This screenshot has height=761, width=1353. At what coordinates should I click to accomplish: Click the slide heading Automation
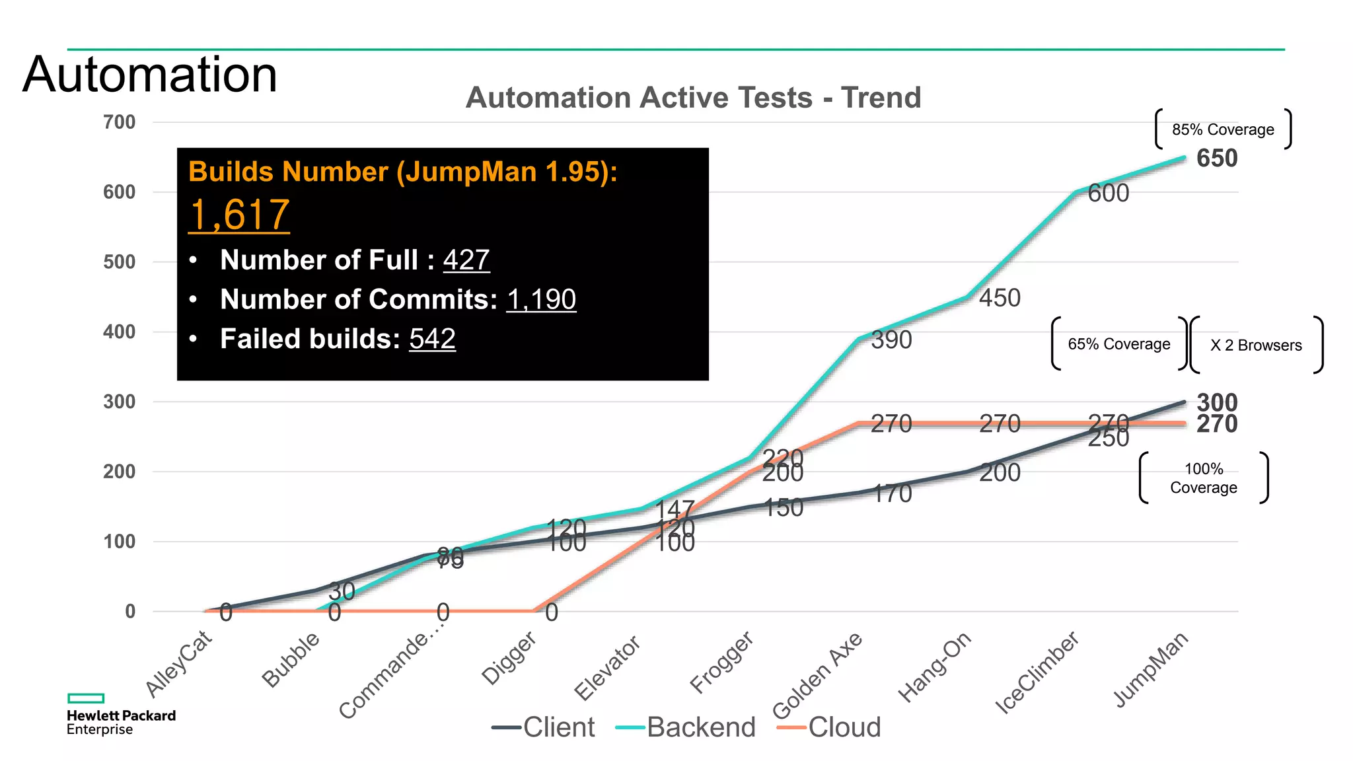(150, 75)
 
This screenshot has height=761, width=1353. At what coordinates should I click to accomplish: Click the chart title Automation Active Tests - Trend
(693, 98)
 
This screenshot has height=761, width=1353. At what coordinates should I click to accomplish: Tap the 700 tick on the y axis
(119, 122)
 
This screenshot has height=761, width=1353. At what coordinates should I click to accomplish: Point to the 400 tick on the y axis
(119, 332)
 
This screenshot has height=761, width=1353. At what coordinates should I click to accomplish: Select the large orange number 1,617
(239, 215)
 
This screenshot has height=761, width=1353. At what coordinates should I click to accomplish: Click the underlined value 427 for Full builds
(466, 260)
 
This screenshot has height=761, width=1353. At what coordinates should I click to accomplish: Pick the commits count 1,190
(541, 299)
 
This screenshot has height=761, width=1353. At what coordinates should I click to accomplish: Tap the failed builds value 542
(432, 339)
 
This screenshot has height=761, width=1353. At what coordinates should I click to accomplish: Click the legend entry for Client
(544, 727)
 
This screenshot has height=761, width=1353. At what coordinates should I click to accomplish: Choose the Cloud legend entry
(830, 727)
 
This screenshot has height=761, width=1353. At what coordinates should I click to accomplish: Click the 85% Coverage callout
(1223, 129)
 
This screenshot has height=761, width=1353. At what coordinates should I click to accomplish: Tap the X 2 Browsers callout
(1256, 345)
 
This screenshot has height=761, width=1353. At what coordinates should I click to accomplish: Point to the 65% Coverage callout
(1119, 344)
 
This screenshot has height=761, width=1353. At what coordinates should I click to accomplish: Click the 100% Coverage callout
(1204, 478)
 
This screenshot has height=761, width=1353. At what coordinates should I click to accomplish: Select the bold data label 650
(1217, 159)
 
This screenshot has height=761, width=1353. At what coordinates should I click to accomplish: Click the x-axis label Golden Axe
(818, 675)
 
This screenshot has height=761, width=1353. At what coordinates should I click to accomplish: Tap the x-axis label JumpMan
(1151, 669)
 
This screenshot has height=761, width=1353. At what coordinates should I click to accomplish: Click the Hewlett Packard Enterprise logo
(120, 715)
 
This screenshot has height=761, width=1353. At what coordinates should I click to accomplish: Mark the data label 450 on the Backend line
(1000, 298)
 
